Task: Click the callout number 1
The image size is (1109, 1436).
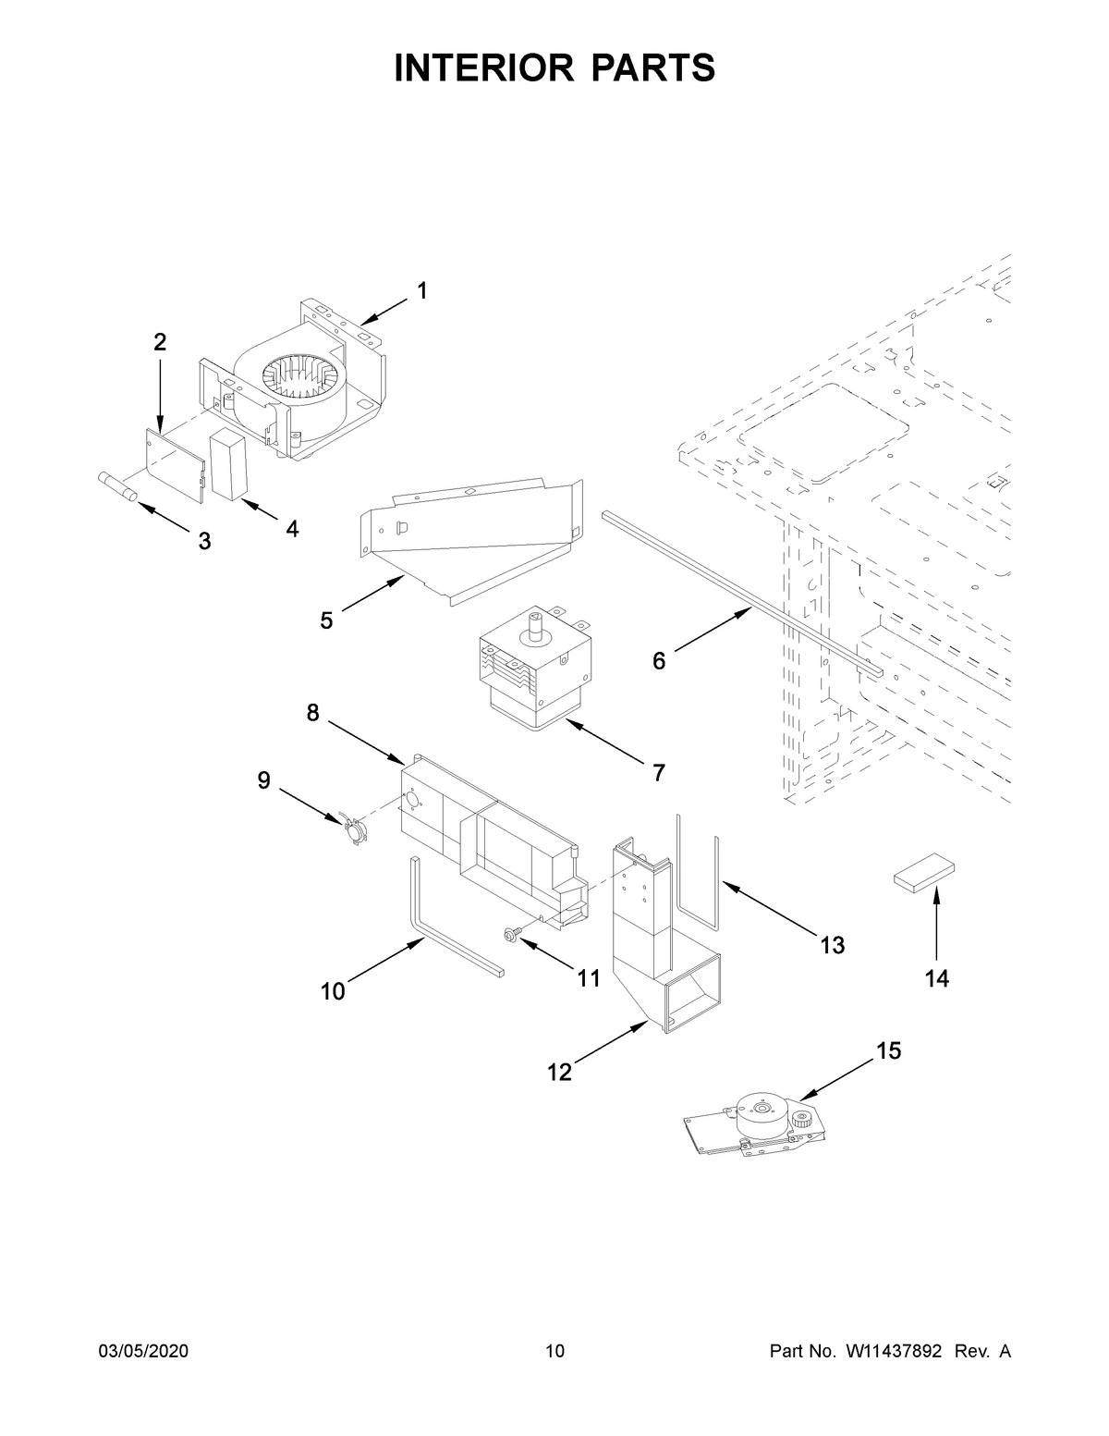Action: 421,291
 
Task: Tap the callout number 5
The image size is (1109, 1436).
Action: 326,620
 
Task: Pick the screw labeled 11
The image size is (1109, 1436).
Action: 510,937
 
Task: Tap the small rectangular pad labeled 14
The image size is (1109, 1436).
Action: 923,875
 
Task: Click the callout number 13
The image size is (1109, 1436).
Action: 832,945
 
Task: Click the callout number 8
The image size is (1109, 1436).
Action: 312,712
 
